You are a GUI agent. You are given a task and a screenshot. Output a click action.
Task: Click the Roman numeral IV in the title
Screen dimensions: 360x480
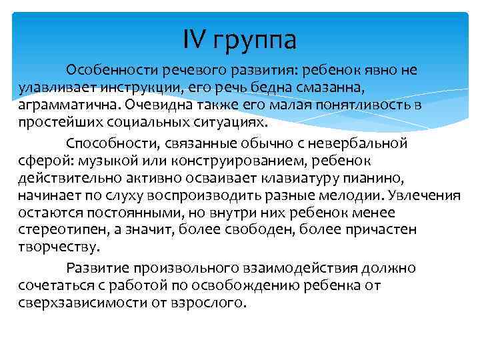pyautogui.click(x=194, y=41)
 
